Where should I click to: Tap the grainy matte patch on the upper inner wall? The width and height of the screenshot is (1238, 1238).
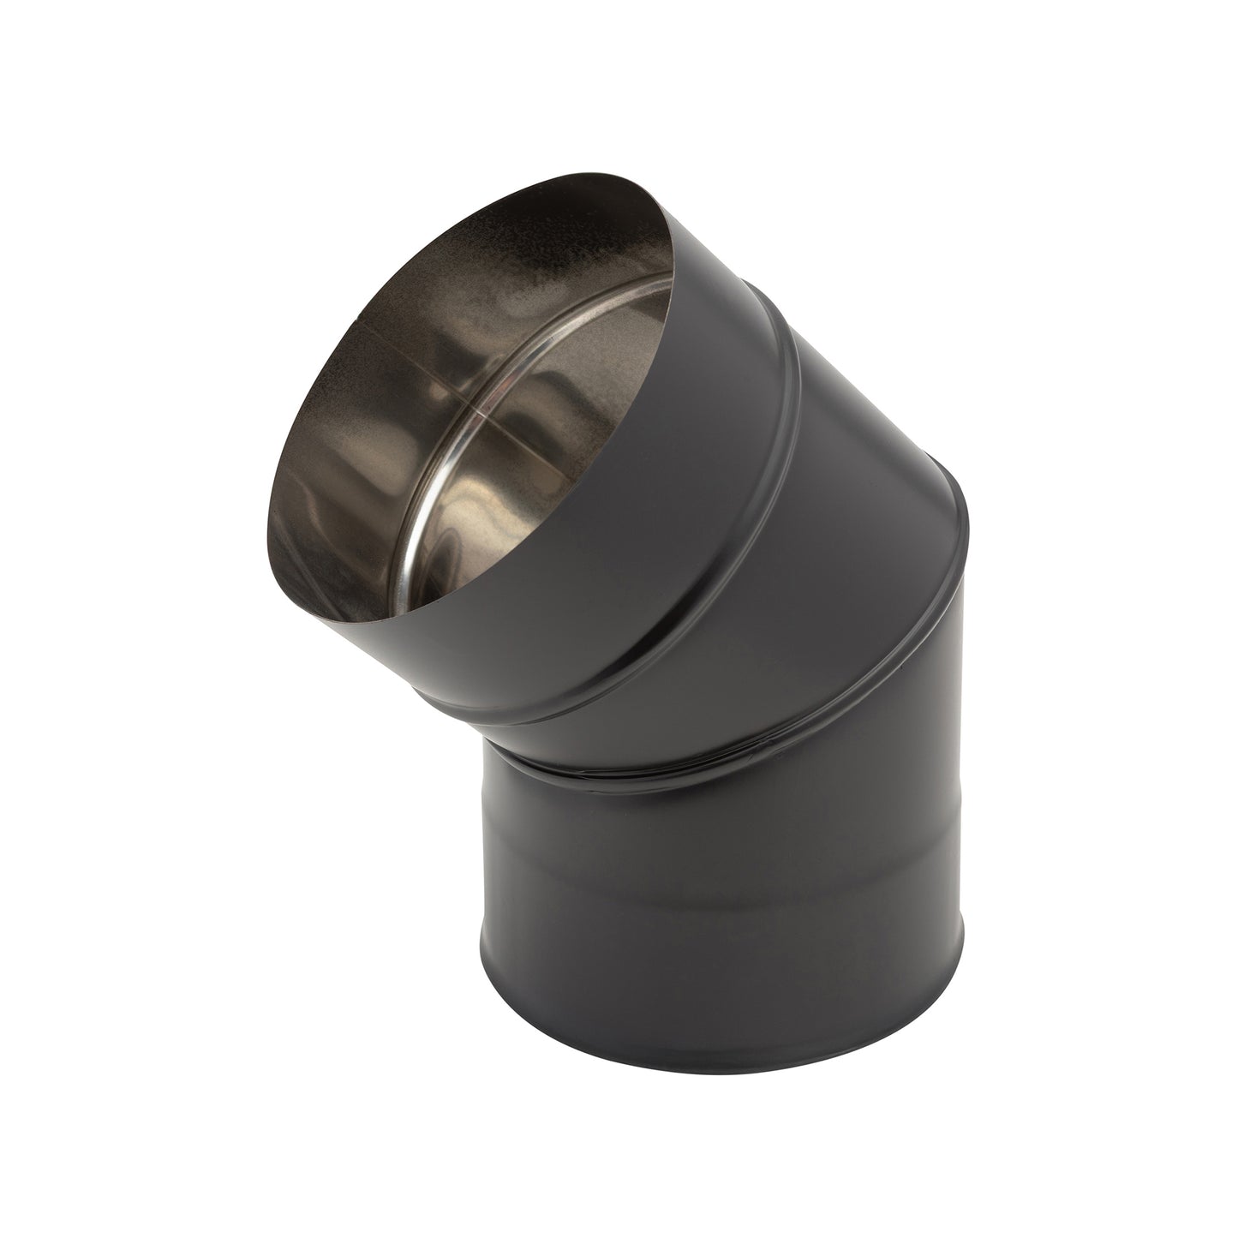pos(480,257)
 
